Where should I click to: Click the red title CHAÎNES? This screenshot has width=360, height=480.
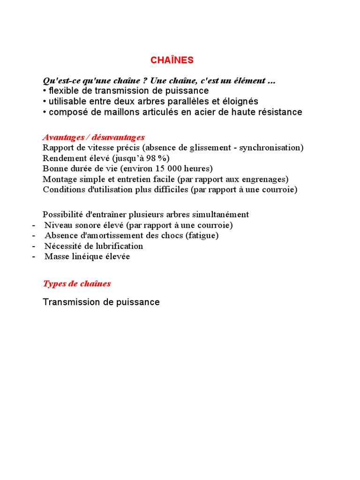click(x=172, y=60)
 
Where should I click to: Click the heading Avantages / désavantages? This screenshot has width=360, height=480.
click(x=93, y=137)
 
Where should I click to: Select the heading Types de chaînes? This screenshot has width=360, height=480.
click(x=77, y=284)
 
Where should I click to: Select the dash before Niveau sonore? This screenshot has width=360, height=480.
click(x=34, y=225)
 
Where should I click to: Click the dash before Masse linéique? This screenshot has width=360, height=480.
click(x=34, y=257)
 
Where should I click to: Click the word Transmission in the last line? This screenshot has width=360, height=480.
click(x=67, y=302)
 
